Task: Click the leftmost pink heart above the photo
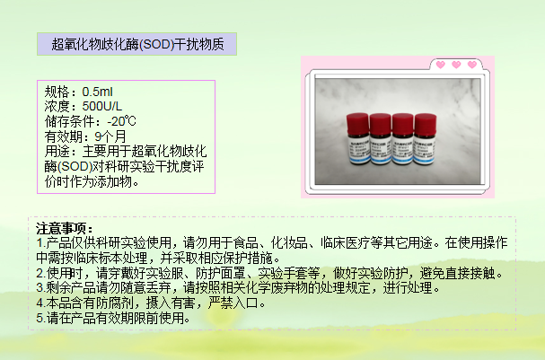(441, 65)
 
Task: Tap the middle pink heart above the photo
(456, 65)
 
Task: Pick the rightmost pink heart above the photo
(472, 65)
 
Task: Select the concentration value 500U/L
(101, 106)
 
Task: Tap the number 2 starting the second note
(40, 273)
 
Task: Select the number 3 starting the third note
(40, 288)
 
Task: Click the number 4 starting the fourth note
(40, 303)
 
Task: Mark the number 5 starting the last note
(40, 318)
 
